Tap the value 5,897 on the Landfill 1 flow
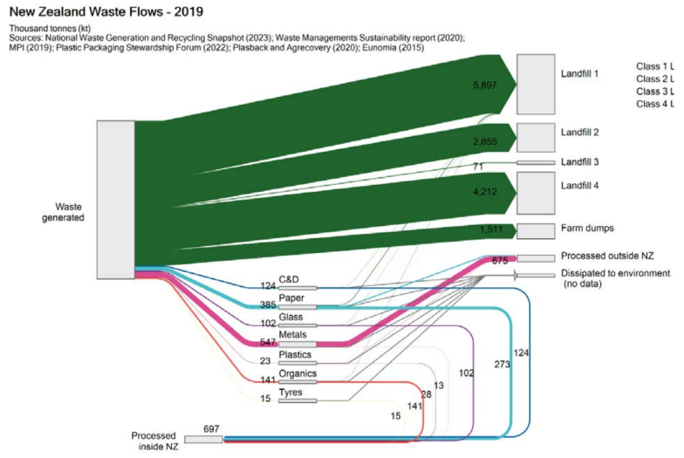[485, 85]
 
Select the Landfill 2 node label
[580, 132]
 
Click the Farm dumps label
[587, 229]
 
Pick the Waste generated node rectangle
[115, 200]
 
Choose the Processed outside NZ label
[607, 256]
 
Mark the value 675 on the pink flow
[500, 260]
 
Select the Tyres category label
[290, 393]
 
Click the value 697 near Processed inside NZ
[212, 429]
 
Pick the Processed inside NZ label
[155, 441]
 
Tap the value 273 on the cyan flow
[503, 364]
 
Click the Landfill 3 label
[580, 162]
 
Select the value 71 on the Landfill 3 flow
[477, 166]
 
